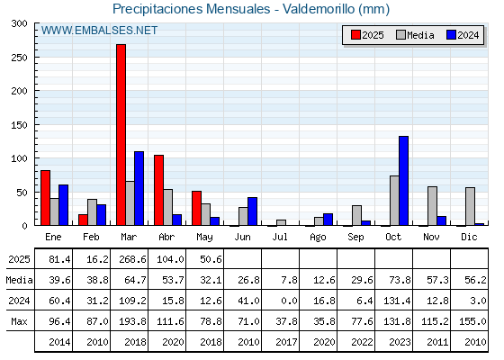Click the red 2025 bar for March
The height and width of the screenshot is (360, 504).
121,135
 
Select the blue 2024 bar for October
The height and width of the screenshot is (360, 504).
404,181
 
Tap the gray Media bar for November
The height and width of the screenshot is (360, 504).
432,206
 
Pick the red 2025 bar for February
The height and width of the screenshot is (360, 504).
83,220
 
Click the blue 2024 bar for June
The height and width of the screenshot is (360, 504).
252,211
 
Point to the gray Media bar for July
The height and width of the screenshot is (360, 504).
281,222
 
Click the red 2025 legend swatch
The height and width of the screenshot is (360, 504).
355,35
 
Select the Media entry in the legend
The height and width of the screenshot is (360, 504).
415,35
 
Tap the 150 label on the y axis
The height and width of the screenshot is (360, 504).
19,125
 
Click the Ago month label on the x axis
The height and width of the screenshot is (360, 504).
318,238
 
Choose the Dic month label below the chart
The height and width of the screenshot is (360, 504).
469,237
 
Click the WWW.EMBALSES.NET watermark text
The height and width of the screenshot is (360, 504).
99,31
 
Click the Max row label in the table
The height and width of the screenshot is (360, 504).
19,321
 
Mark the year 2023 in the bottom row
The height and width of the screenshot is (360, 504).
400,342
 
